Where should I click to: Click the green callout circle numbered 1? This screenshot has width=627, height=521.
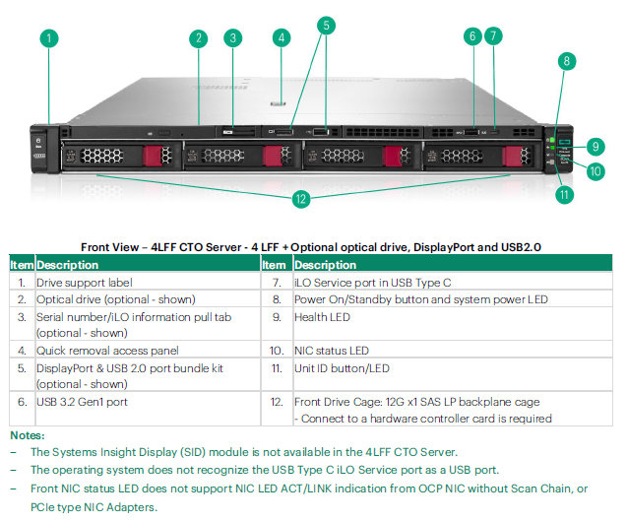pos(49,38)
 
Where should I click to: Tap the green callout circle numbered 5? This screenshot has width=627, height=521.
pos(326,26)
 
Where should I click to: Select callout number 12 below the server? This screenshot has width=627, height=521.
pos(301,199)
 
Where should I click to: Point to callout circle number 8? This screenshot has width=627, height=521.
pos(567,61)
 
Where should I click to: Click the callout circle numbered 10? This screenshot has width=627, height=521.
pos(596,171)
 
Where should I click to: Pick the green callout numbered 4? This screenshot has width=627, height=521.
pos(282,38)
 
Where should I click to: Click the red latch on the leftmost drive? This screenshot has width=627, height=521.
pos(152,156)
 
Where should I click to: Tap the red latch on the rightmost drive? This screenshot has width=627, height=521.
pos(512,156)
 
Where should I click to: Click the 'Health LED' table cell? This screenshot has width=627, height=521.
pos(322,317)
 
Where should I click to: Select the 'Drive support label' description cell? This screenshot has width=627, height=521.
pos(85,283)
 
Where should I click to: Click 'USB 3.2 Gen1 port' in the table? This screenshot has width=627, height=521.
pos(82,402)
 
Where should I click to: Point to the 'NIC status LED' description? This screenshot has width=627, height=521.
pos(332,351)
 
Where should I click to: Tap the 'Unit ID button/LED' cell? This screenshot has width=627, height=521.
pos(342,368)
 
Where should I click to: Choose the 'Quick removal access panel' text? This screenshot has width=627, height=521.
pos(107,351)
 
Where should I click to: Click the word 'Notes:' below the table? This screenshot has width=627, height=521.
pos(28,435)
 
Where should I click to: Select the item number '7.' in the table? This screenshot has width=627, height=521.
pos(277,283)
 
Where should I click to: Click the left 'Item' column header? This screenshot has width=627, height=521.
pos(22,265)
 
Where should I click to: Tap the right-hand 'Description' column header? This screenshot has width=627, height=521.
pos(325,265)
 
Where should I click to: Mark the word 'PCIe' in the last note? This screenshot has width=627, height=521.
pos(43,507)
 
